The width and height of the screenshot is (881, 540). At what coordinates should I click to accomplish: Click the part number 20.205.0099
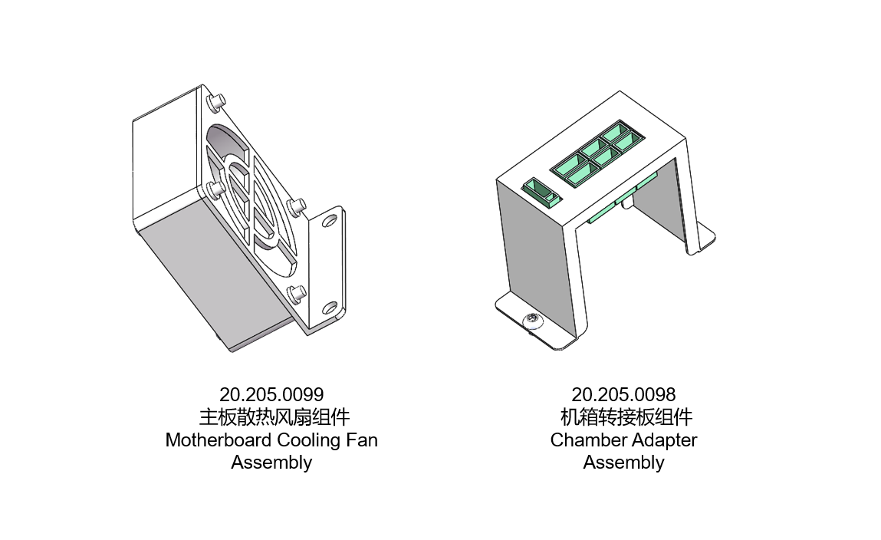[271, 395]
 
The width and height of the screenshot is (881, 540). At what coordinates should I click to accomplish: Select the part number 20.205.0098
[623, 395]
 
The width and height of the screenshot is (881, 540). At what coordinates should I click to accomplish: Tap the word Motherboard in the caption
[217, 440]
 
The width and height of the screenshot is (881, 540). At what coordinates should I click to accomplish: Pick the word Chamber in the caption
[587, 440]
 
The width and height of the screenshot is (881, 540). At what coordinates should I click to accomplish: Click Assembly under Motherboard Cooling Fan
[271, 463]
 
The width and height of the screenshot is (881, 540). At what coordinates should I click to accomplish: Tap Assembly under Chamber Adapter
[623, 463]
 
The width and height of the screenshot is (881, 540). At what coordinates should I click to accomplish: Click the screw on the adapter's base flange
[531, 321]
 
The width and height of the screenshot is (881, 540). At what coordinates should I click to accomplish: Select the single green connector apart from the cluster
[541, 191]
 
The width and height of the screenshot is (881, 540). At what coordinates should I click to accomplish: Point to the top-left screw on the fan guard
[217, 99]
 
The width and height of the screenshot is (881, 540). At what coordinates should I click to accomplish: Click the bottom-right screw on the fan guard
[295, 291]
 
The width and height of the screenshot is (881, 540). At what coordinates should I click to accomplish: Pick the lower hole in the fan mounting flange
[329, 308]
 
